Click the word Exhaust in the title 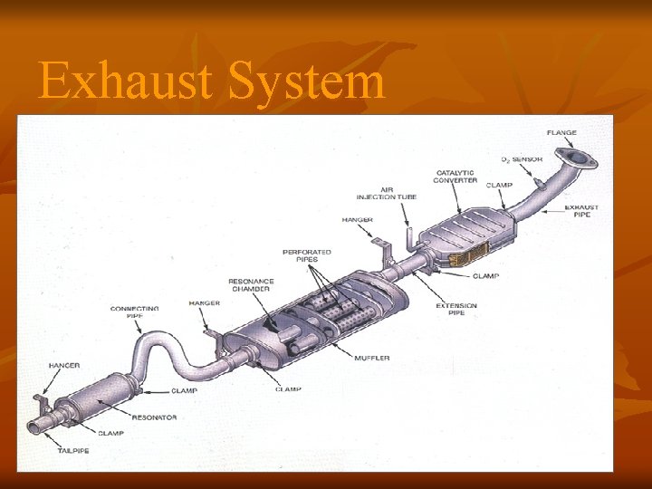126,81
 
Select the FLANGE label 561,133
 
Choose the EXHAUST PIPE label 581,211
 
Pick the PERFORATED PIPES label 307,254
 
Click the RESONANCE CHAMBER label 251,285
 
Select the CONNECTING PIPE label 134,312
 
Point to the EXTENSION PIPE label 456,309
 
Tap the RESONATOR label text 154,417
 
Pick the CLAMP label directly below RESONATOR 110,433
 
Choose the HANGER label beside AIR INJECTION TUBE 357,220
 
